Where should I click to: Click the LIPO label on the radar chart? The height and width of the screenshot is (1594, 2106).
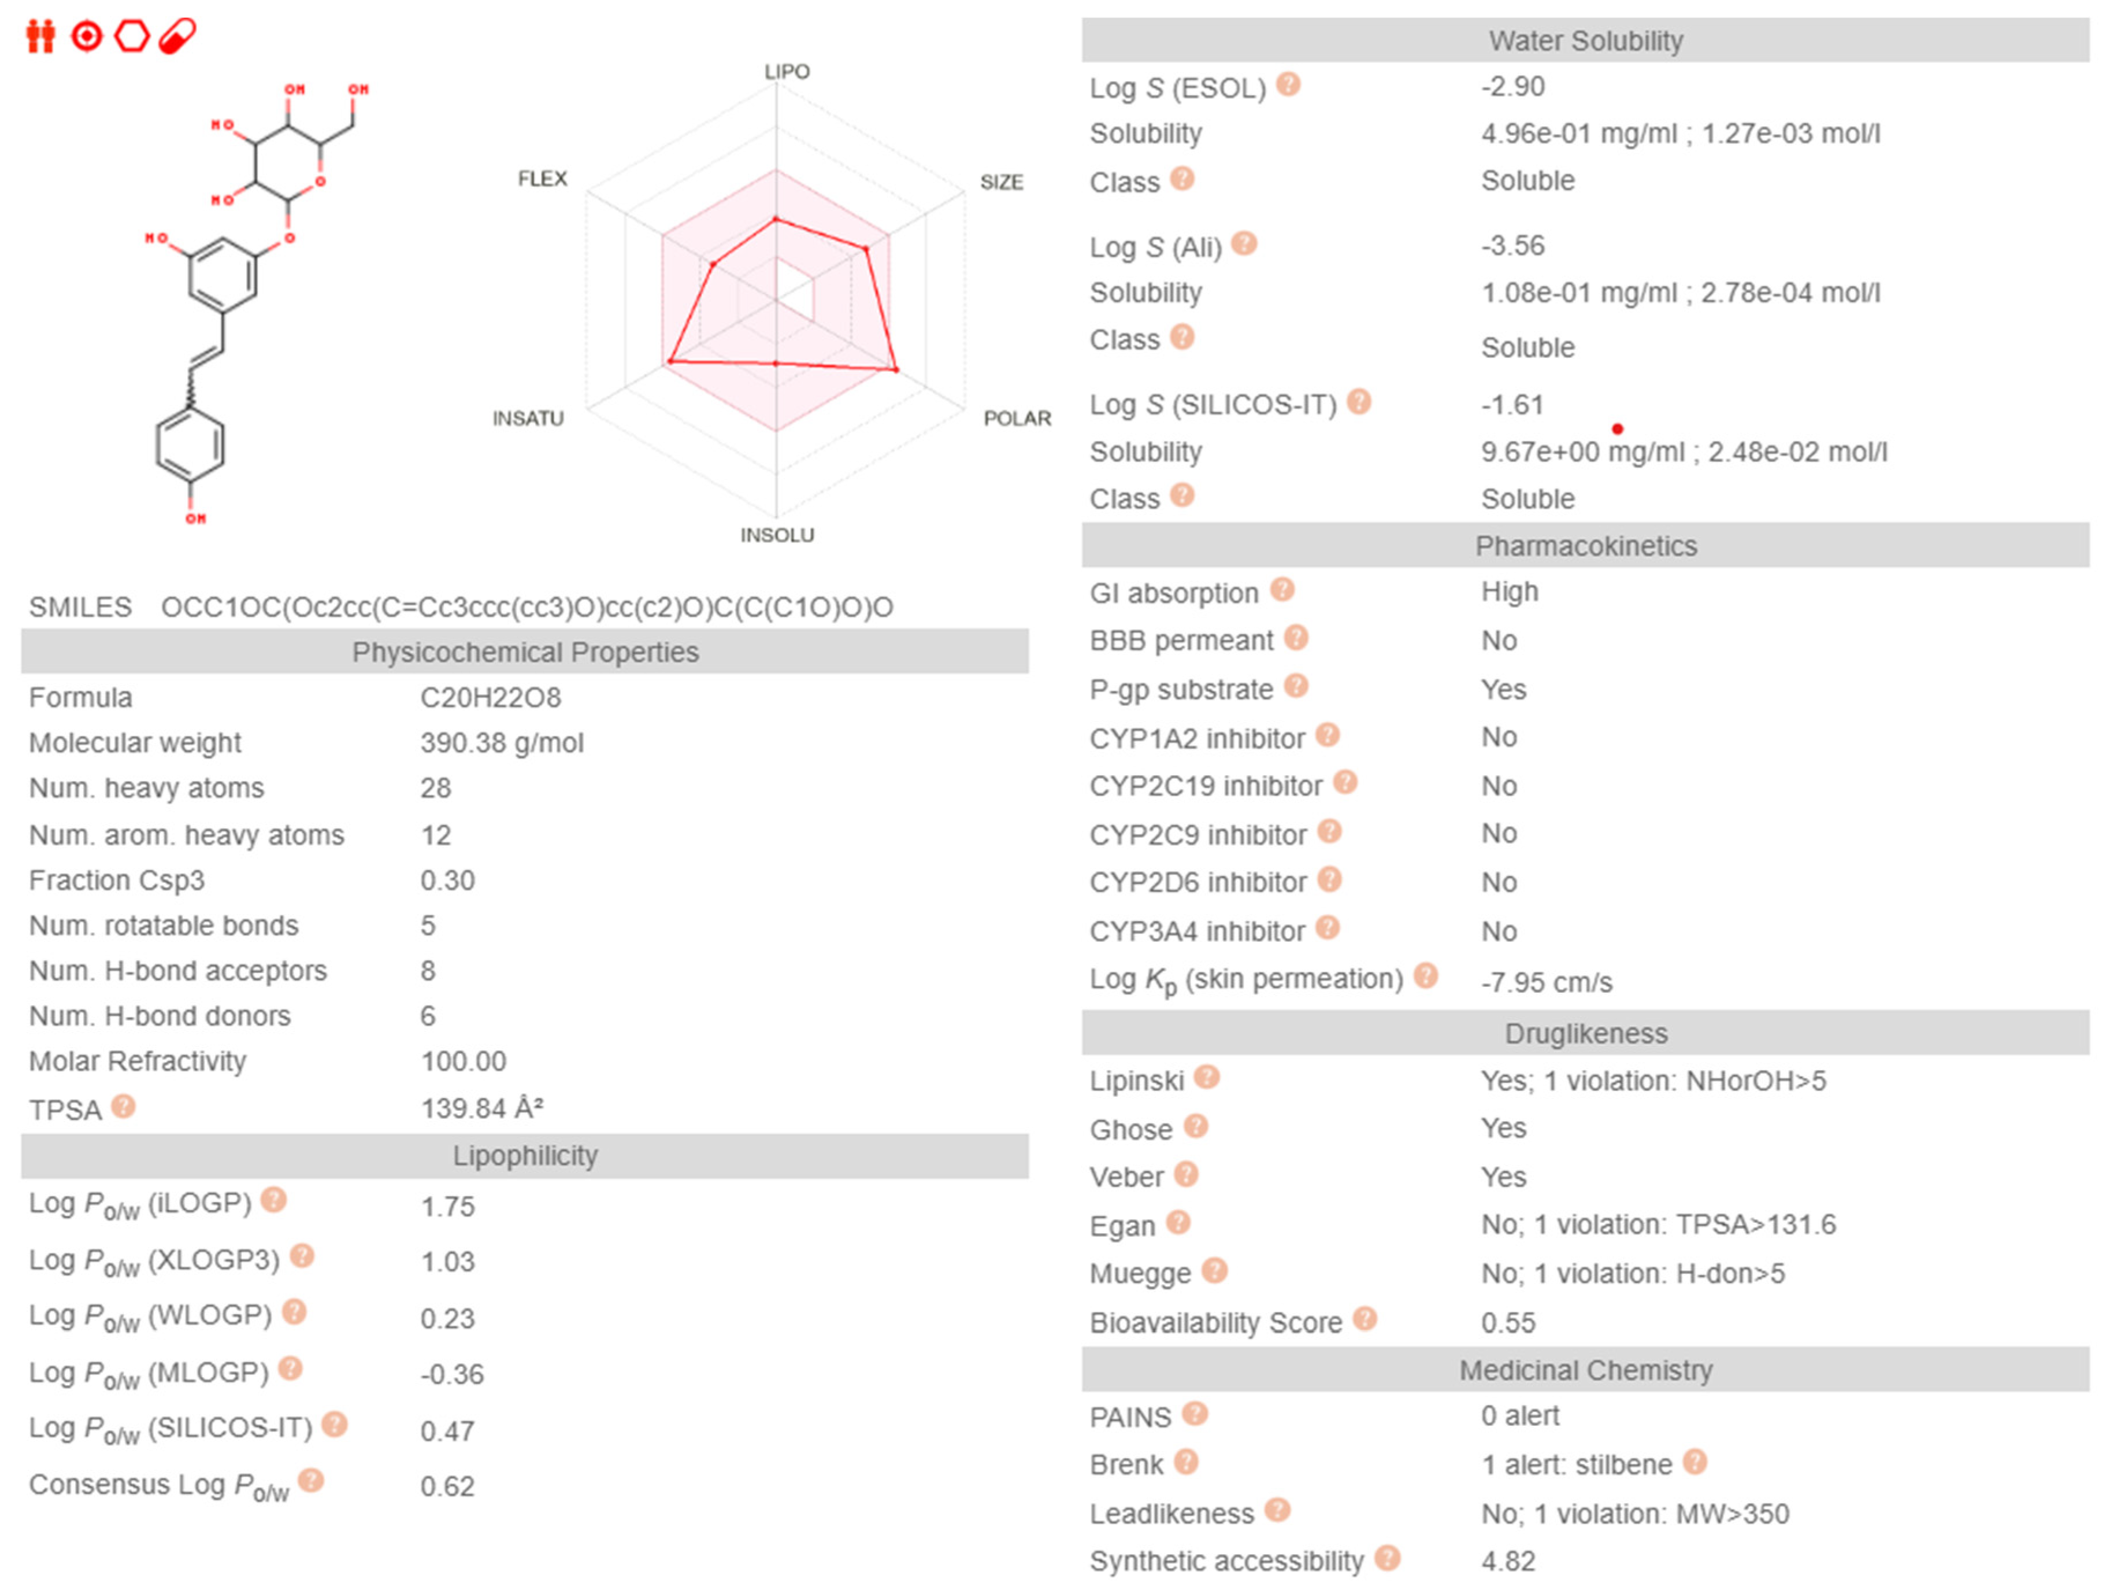tap(787, 72)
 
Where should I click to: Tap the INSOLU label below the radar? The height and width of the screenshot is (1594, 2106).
tap(777, 535)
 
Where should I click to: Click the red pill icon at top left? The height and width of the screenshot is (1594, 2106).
tap(177, 36)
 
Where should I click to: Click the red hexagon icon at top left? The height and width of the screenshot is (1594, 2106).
tap(131, 36)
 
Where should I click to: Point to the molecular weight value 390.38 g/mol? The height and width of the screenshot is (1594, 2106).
tap(502, 743)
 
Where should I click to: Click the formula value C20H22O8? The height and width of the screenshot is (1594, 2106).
tap(490, 697)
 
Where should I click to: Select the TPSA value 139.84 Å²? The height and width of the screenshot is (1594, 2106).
tap(482, 1108)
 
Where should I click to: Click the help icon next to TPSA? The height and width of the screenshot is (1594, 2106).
tap(123, 1107)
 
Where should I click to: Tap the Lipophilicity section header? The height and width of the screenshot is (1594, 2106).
tap(525, 1155)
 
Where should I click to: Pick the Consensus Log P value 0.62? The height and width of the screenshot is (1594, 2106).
tap(447, 1485)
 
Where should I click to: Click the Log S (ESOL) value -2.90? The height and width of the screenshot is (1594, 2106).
tap(1512, 87)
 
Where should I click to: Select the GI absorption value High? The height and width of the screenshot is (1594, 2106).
tap(1509, 591)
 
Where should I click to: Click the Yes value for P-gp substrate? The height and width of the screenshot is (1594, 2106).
tap(1503, 689)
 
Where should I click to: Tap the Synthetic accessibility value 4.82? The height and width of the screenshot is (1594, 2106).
tap(1508, 1560)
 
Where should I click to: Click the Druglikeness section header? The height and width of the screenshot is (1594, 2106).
tap(1585, 1033)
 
